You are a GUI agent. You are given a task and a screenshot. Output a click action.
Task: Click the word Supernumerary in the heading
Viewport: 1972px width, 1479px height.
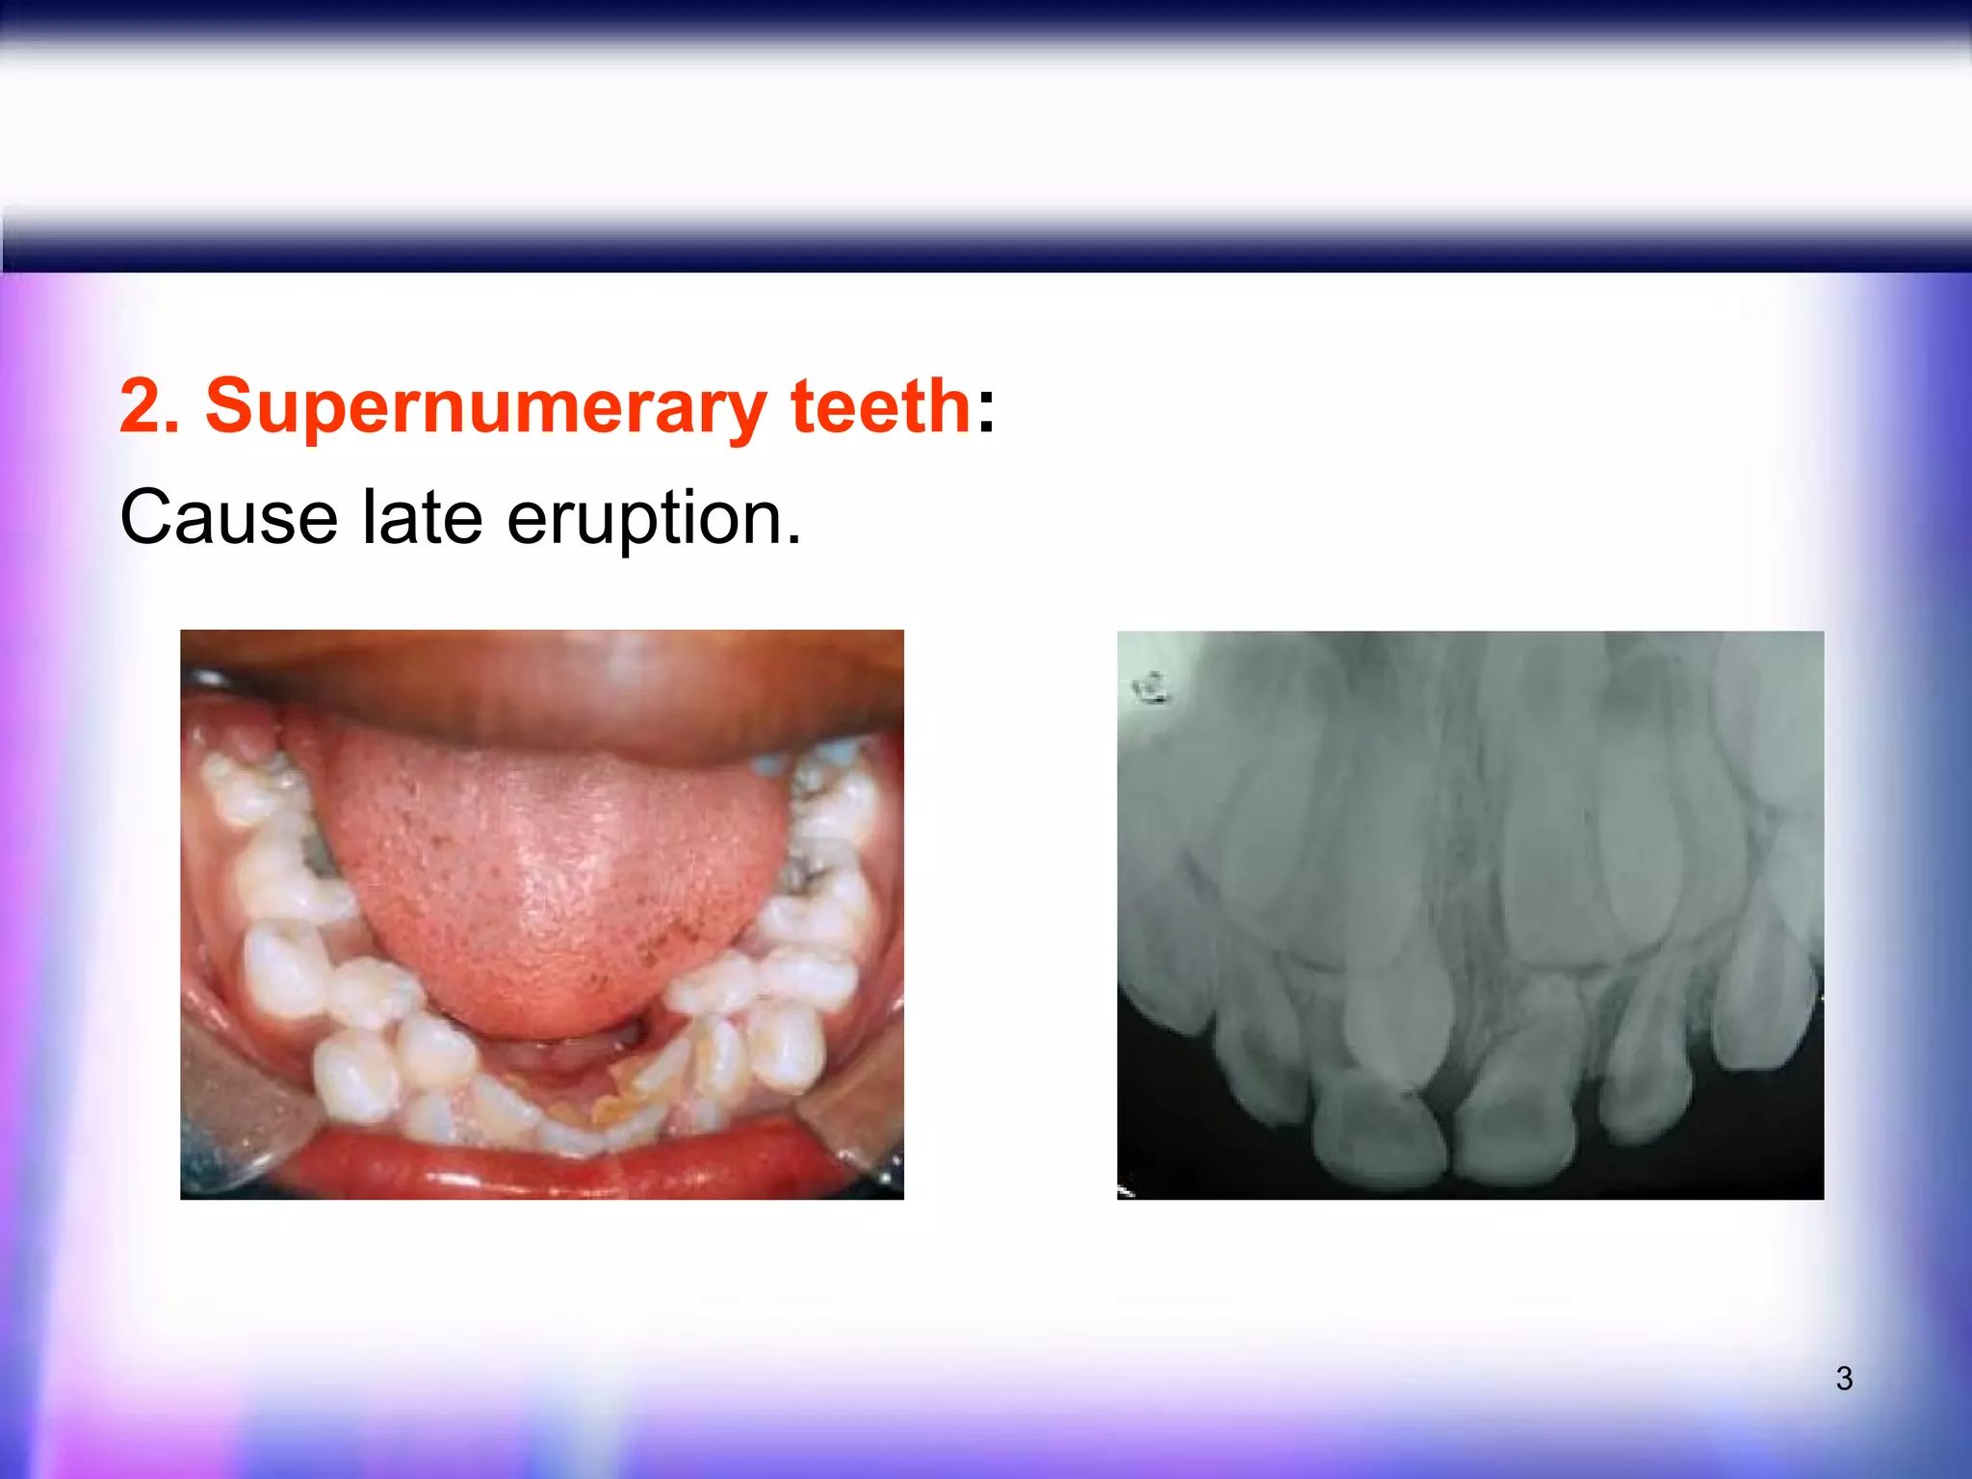(x=485, y=407)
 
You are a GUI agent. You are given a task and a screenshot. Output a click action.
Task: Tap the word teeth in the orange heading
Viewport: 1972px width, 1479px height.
(x=879, y=405)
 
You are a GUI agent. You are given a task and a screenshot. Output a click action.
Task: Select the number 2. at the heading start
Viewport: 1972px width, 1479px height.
(x=150, y=405)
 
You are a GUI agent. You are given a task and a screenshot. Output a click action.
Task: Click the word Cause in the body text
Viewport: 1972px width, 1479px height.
(x=228, y=518)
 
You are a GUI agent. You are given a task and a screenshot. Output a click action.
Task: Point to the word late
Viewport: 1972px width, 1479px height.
(x=422, y=518)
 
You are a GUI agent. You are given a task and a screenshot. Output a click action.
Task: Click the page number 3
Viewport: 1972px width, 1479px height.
(x=1844, y=1378)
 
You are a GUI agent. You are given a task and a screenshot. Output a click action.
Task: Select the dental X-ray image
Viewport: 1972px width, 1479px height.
(x=1469, y=915)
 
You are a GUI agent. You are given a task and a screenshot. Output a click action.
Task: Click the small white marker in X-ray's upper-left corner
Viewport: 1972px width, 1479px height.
(x=1150, y=688)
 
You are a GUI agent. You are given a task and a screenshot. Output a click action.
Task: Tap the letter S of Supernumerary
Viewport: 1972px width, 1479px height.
(x=228, y=406)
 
